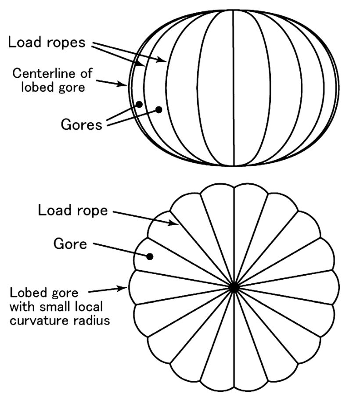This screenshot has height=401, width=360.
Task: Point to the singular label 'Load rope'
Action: [73, 211]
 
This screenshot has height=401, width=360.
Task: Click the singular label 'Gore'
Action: [70, 244]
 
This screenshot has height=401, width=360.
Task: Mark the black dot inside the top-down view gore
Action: [150, 256]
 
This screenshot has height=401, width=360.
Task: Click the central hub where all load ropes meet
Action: [234, 287]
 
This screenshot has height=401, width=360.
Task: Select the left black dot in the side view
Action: [139, 104]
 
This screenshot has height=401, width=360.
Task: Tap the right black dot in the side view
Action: [159, 109]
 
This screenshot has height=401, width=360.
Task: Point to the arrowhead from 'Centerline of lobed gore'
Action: [125, 85]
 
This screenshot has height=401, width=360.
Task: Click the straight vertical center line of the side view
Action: [234, 88]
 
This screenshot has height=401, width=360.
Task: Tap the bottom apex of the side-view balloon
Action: [234, 165]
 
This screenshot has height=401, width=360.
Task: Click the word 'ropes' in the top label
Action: [73, 43]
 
